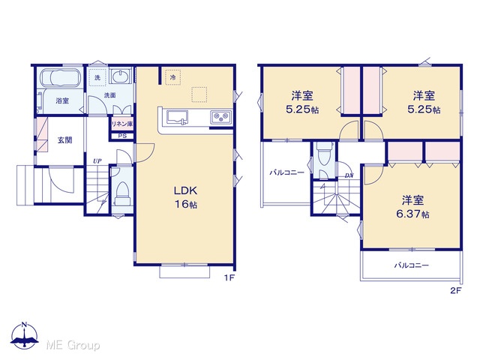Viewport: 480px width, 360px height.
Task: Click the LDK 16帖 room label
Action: [x=185, y=197]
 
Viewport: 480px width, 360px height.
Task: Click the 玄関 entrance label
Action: [x=65, y=140]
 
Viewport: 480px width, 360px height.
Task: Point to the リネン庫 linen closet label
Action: [x=122, y=124]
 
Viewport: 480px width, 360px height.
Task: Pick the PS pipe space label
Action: [x=122, y=136]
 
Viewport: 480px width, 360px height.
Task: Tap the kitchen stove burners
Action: [x=220, y=116]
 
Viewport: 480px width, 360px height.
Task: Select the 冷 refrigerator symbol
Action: [x=172, y=77]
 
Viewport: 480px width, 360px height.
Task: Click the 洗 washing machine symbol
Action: [x=97, y=77]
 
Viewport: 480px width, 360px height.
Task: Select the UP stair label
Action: [x=97, y=161]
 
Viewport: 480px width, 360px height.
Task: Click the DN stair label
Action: [x=349, y=175]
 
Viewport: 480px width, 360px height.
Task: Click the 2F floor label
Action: [x=455, y=290]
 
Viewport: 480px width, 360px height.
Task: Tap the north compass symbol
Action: [x=25, y=335]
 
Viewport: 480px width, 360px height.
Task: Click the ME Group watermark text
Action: [x=73, y=345]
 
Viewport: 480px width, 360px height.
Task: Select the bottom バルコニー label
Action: [x=411, y=265]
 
